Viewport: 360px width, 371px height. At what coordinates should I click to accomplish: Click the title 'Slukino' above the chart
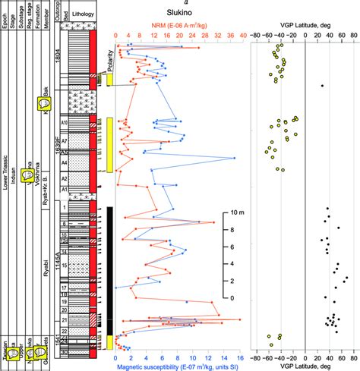pyautogui.click(x=177, y=24)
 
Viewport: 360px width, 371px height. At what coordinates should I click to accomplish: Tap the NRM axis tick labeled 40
pyautogui.click(x=242, y=35)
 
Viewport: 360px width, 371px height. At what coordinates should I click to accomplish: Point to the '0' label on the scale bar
pyautogui.click(x=232, y=298)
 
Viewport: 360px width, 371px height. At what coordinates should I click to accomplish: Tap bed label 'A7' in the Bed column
pyautogui.click(x=65, y=142)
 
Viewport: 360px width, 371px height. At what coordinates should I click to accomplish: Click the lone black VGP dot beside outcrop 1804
pyautogui.click(x=322, y=86)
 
